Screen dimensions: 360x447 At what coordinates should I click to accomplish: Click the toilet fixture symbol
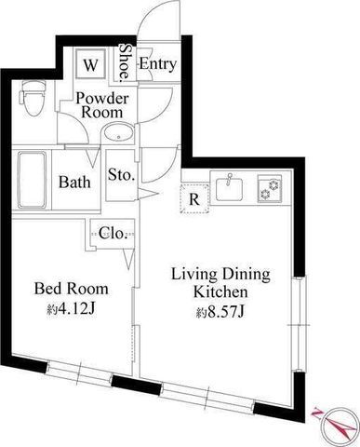[32, 98]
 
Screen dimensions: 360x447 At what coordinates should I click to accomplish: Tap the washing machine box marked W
[90, 64]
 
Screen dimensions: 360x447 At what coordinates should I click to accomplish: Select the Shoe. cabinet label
[125, 61]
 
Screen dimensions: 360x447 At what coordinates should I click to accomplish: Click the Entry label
[158, 64]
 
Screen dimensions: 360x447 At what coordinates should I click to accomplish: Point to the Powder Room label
[102, 105]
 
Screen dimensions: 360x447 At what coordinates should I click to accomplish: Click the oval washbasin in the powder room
[118, 133]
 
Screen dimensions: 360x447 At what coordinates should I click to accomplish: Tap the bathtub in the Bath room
[32, 180]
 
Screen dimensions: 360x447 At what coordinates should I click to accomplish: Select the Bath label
[74, 182]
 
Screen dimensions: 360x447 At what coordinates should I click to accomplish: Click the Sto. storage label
[121, 175]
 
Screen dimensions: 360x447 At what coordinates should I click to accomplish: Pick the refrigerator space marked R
[194, 198]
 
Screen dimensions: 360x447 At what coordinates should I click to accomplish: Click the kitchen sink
[229, 188]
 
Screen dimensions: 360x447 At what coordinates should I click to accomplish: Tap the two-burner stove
[270, 189]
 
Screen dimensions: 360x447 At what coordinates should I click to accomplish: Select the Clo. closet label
[113, 233]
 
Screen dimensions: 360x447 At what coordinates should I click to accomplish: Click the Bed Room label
[72, 289]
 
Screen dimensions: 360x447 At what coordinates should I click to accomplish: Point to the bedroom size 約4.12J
[71, 308]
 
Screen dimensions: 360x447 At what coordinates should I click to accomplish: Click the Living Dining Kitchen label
[220, 283]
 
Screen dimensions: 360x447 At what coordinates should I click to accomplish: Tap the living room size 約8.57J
[220, 312]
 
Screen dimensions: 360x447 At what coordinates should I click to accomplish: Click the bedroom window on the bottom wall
[79, 371]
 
